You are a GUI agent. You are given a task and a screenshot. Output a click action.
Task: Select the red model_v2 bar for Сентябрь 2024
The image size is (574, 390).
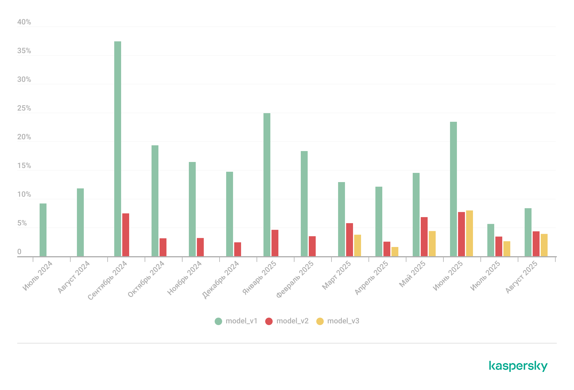tap(126, 235)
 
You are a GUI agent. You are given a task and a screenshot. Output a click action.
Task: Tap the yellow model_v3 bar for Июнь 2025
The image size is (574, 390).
tap(470, 233)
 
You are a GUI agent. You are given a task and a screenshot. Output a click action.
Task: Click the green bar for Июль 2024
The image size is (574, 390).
tap(43, 230)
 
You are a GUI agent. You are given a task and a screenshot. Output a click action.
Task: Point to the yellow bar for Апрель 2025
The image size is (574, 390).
tap(395, 252)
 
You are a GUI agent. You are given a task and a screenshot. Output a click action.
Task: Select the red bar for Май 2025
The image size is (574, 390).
tap(424, 237)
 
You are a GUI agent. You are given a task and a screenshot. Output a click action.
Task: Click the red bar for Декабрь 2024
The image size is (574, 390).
tap(238, 249)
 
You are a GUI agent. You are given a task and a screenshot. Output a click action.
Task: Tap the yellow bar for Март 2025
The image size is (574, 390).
tap(358, 245)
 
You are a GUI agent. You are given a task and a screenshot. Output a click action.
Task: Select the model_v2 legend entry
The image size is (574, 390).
tap(287, 321)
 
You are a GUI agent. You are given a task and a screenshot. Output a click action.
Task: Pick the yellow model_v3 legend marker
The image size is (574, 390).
tap(320, 321)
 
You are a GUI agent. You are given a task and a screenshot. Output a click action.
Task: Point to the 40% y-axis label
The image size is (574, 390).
tap(24, 22)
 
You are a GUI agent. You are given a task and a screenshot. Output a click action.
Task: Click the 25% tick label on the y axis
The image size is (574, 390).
tap(24, 108)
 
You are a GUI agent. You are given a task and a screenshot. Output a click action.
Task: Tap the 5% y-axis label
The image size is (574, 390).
tap(22, 223)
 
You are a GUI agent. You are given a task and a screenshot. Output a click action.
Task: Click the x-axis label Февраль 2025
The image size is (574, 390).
tap(295, 279)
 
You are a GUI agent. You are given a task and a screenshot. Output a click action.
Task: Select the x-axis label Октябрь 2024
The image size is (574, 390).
tap(146, 279)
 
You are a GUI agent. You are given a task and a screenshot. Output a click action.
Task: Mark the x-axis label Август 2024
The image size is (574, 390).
tap(74, 277)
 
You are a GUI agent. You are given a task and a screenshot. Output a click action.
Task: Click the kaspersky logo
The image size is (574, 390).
tap(518, 366)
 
